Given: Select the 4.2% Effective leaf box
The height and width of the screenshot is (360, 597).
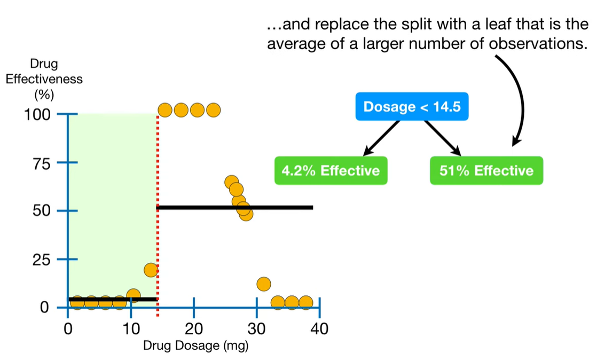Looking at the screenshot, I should tap(331, 170).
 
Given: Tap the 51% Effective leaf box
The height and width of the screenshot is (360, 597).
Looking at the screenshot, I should tap(486, 170).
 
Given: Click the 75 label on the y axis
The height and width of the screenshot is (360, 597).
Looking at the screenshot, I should tap(42, 163).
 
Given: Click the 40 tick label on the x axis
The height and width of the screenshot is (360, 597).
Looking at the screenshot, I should tap(319, 329).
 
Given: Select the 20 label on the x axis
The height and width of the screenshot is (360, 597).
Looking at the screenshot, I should tap(193, 329).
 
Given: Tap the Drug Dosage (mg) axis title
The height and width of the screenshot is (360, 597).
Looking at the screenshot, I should tap(196, 346).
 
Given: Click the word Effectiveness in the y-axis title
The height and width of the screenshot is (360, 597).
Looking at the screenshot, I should tap(44, 79).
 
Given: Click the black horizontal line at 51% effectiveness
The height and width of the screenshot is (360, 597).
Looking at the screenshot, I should tap(235, 207).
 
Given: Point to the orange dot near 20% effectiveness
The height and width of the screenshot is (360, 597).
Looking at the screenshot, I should tap(151, 270).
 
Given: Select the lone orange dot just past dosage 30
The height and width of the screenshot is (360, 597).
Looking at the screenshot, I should tap(263, 284).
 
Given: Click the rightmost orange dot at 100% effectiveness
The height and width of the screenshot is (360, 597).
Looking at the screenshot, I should tap(214, 110).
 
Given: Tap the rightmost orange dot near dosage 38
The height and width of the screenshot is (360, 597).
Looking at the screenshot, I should tap(305, 303).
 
